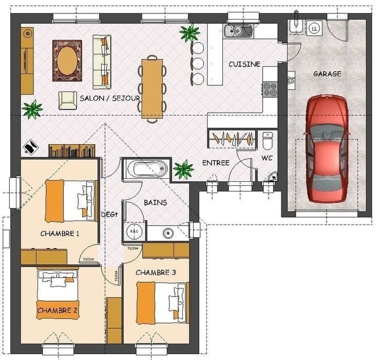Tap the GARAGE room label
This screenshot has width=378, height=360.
(x=327, y=74)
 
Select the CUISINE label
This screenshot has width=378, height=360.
(x=244, y=64)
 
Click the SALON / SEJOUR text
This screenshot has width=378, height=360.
(x=110, y=97)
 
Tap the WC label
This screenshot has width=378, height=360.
(x=267, y=158)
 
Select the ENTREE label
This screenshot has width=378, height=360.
(x=215, y=163)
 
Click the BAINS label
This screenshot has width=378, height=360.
(x=155, y=202)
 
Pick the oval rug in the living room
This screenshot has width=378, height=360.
(x=67, y=61)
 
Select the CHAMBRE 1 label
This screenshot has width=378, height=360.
(x=60, y=233)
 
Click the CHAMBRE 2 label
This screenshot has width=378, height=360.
(x=57, y=311)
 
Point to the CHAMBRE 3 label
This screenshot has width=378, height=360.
(x=155, y=272)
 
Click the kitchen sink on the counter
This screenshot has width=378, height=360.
(x=239, y=30)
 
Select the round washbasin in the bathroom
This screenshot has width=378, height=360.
(x=168, y=233)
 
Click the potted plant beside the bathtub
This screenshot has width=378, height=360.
(x=183, y=168)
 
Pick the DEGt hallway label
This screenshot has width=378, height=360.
(x=109, y=215)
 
